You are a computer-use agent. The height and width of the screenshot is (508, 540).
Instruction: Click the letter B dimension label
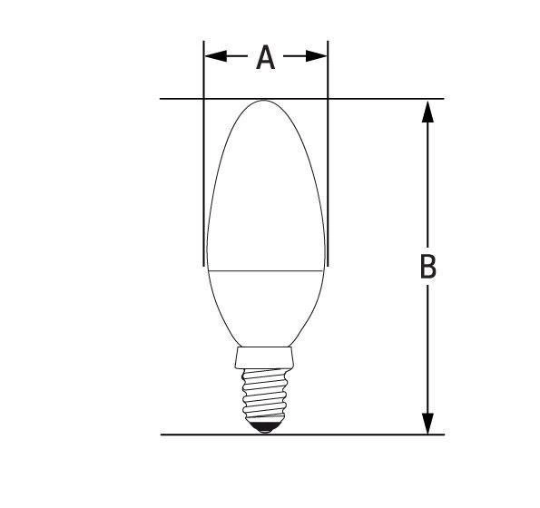(427, 268)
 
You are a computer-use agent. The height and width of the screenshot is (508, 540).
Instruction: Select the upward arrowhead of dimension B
(427, 111)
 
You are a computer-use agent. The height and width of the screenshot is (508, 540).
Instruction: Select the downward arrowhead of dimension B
(427, 423)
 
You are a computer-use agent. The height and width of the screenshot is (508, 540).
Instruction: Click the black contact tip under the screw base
(265, 428)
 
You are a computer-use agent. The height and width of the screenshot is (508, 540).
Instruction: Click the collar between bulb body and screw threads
(265, 356)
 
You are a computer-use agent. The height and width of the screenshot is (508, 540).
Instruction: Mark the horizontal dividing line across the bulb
(265, 270)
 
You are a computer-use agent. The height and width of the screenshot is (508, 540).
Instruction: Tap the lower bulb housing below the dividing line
(265, 304)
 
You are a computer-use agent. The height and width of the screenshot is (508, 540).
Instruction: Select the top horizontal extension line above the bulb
(381, 98)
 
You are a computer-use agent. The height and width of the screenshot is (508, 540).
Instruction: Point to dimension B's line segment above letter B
(427, 181)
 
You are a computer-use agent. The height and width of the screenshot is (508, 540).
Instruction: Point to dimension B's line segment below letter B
(427, 354)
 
